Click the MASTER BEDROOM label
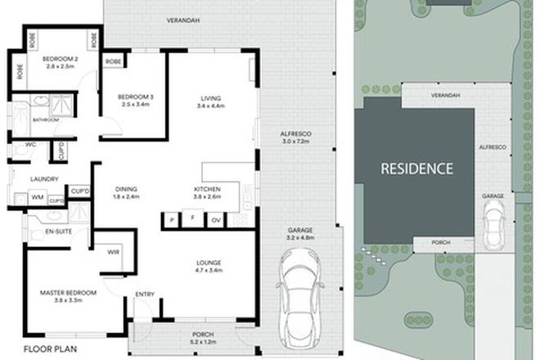coord(70,292)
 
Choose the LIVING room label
coord(211,99)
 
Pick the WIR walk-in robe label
coord(114,252)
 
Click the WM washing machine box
coord(38,198)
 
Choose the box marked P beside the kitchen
coord(172,220)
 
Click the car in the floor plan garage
coord(295,299)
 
